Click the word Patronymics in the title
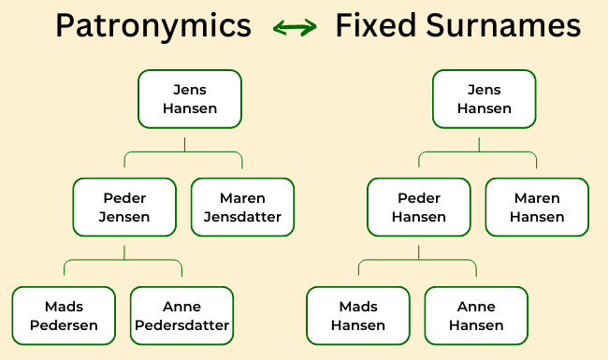coord(152,25)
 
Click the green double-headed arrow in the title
coord(293,28)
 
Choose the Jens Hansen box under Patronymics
coord(190,99)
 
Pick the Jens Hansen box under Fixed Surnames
coord(484,99)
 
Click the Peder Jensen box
coord(124,208)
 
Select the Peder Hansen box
coord(418,208)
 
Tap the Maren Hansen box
coord(537,208)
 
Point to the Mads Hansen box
coord(358,316)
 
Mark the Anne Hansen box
coord(476,316)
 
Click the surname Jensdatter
coord(242,217)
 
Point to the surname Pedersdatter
coord(182,325)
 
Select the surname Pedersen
coord(64,325)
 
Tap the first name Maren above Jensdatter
coord(242,198)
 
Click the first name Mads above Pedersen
coord(64,307)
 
